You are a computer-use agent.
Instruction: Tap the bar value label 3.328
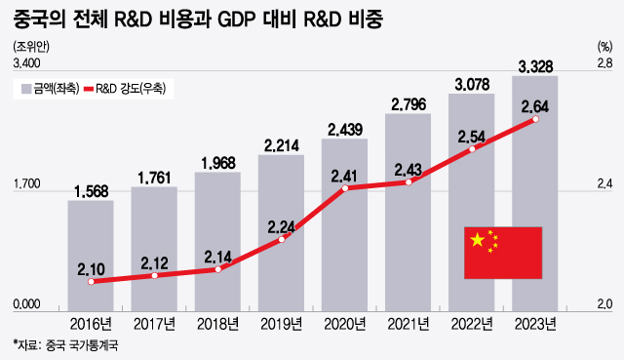tap(535, 66)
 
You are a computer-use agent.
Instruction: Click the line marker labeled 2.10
tap(91, 282)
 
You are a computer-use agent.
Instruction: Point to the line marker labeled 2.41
tap(345, 188)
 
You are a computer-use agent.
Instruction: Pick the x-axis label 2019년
tap(281, 324)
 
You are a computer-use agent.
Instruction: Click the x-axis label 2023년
tap(535, 324)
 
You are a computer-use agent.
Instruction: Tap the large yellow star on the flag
tap(477, 240)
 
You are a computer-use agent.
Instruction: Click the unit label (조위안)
tap(30, 46)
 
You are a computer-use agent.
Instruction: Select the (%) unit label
tap(602, 46)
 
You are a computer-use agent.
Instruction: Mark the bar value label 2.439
tap(345, 129)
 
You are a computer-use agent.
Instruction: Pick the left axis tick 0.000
tap(26, 305)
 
